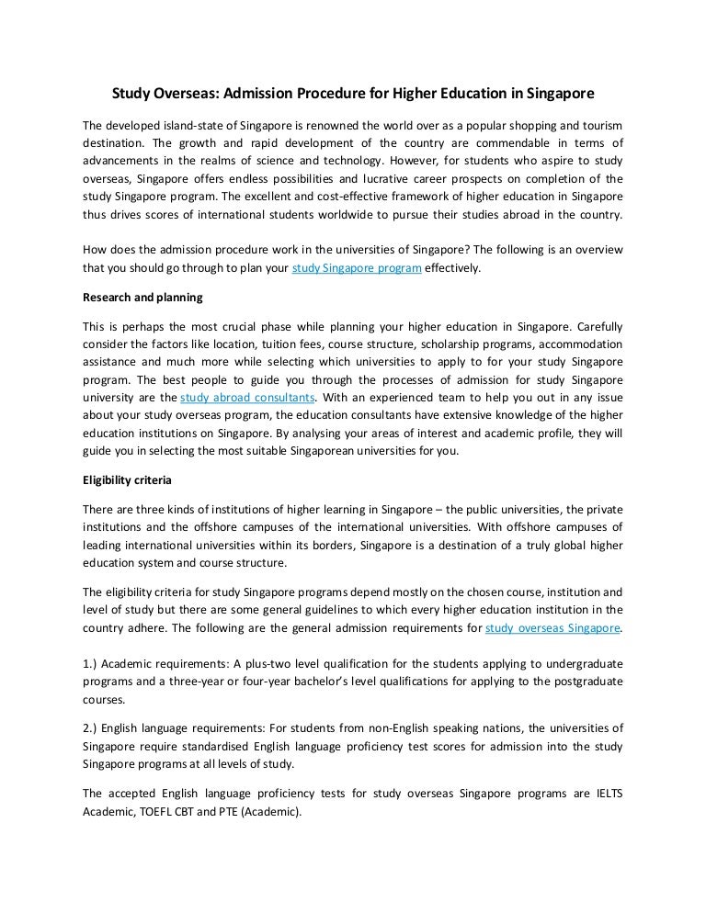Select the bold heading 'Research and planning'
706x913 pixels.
pyautogui.click(x=142, y=298)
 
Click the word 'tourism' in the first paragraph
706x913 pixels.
pyautogui.click(x=598, y=124)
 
